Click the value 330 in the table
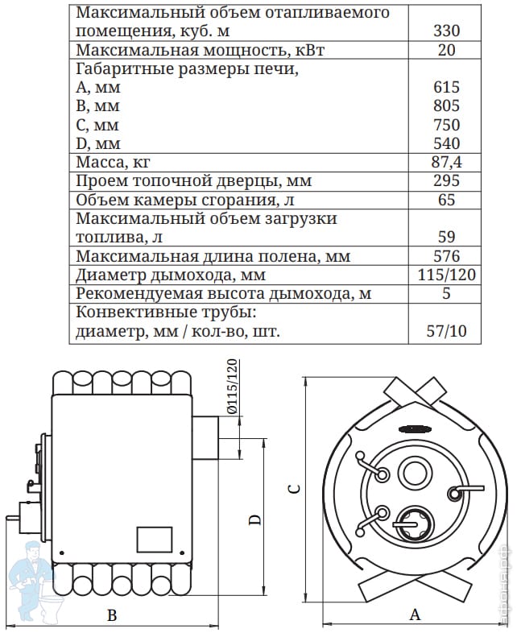[446, 31]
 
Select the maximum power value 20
[446, 51]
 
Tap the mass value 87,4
[446, 163]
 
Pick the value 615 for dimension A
[446, 88]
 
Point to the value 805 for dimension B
[446, 106]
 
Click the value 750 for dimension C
[446, 125]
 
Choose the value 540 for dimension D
[446, 144]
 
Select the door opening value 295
[446, 181]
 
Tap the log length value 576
[446, 256]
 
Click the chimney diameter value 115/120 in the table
[447, 275]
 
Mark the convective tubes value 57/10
[447, 330]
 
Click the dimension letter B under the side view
[113, 616]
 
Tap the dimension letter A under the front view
[415, 615]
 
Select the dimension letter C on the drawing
[295, 489]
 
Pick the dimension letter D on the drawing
[254, 520]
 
